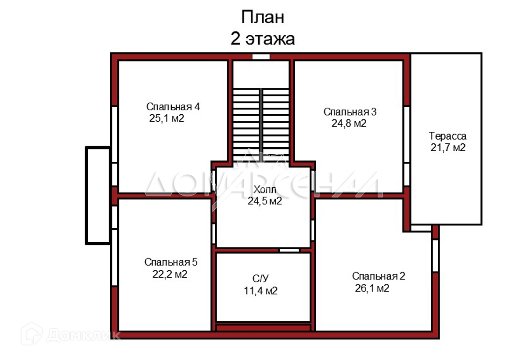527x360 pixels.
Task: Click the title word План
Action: coord(263,18)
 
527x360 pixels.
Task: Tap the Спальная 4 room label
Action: coord(173,107)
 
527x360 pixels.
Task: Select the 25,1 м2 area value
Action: coord(166,118)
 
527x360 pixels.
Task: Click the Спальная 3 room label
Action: coord(350,112)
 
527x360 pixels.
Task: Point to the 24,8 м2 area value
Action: coord(349,124)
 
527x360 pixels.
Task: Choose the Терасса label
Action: coord(448,136)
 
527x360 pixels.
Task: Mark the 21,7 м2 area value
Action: coord(448,148)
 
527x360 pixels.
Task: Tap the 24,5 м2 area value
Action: coord(264,201)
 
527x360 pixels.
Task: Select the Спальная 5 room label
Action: coord(171,262)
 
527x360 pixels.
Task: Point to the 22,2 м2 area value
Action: coord(170,274)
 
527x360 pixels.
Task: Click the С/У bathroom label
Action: coord(260,278)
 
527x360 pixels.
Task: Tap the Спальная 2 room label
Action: coord(378,276)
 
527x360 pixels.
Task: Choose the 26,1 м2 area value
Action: coord(372,288)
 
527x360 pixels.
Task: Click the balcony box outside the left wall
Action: coord(97,195)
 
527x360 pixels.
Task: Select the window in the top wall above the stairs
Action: coord(261,57)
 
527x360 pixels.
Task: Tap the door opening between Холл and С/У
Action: coord(289,250)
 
